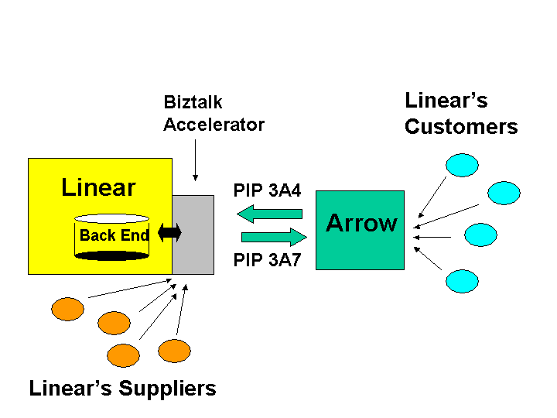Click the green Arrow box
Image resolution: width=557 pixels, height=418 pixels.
(361, 230)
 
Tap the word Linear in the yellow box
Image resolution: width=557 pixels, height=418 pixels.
(98, 187)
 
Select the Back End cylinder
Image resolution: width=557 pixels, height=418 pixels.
(112, 237)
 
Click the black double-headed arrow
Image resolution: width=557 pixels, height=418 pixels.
(169, 233)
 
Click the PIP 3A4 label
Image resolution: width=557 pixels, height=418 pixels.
(268, 190)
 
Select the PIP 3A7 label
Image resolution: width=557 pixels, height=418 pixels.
(268, 261)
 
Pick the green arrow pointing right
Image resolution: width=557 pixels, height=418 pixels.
(274, 237)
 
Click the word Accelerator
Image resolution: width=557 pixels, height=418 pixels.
(214, 125)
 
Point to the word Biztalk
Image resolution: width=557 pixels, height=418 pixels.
(193, 102)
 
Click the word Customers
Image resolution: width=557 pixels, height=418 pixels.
(461, 127)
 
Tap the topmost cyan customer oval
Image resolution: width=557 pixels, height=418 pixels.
(462, 165)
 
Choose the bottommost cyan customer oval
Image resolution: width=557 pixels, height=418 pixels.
(462, 280)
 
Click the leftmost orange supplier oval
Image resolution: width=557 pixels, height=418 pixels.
(67, 309)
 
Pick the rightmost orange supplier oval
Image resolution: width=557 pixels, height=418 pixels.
(174, 351)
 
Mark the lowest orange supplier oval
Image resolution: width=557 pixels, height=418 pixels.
(123, 355)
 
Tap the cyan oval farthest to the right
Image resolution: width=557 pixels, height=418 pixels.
(504, 193)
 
